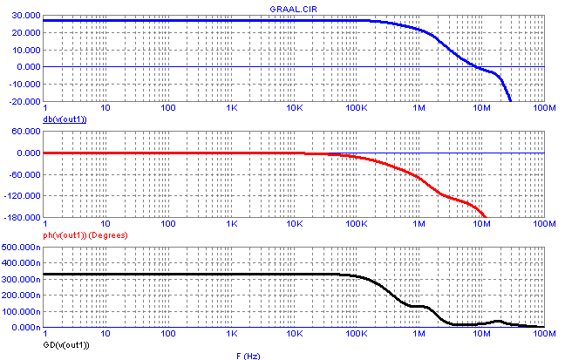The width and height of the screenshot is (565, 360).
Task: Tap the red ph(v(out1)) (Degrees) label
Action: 95,232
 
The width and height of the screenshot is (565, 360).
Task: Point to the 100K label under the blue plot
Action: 356,108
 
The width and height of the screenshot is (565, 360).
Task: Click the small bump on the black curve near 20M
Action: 498,322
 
